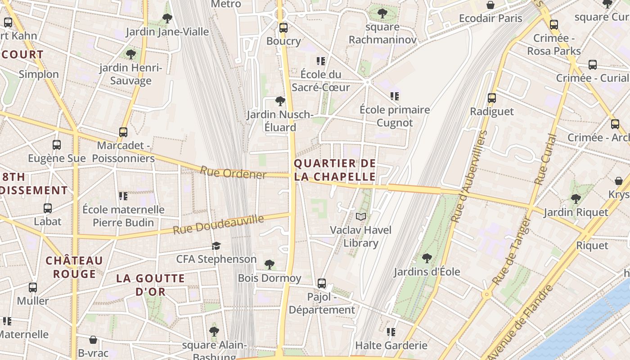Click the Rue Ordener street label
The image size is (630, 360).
[233, 172]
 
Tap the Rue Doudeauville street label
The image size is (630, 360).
[218, 224]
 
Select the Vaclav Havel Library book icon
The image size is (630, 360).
[360, 216]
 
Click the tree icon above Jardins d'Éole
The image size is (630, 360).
[427, 258]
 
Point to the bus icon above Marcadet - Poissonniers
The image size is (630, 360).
[123, 132]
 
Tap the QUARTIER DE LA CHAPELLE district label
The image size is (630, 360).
[335, 170]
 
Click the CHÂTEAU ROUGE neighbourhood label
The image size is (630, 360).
[74, 267]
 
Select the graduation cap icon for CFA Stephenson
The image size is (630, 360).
[216, 246]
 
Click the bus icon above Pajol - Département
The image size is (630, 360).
[322, 283]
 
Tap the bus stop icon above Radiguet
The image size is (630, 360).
[492, 98]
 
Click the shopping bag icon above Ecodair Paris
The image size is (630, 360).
[490, 5]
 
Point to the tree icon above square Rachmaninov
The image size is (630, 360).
[382, 13]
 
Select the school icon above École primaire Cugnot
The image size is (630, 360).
[395, 96]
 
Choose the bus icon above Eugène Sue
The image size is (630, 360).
[57, 145]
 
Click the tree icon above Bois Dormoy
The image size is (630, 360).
[270, 265]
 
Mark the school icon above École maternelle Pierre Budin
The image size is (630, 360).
[123, 196]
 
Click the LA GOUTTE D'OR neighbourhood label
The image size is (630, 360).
[150, 285]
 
